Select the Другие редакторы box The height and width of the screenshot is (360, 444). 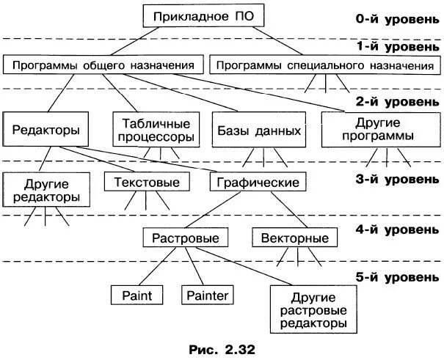(x=46, y=191)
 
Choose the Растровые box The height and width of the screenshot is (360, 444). (x=186, y=238)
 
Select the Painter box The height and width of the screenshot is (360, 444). (x=208, y=295)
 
